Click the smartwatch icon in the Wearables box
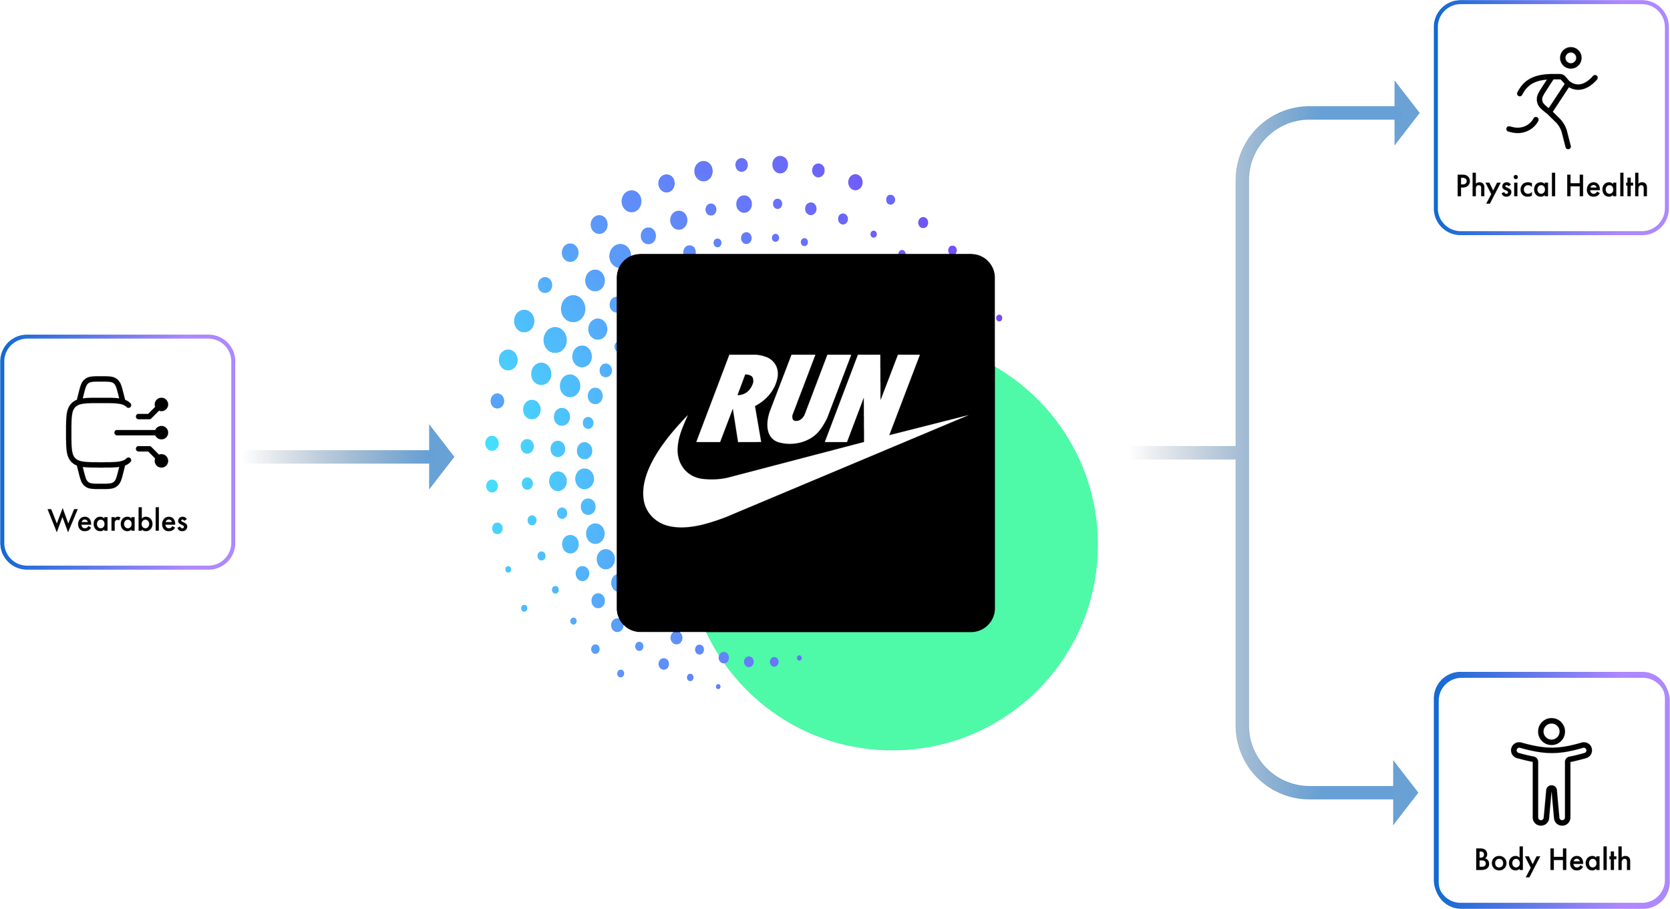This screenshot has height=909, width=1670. (117, 433)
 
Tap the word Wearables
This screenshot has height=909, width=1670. (118, 521)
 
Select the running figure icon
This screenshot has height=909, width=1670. (1551, 98)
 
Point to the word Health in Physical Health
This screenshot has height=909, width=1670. (1607, 186)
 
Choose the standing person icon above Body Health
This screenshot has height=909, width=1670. (1551, 772)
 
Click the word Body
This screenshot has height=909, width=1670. (1507, 861)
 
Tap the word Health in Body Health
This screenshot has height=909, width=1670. (1590, 860)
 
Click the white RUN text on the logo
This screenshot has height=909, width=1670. (808, 398)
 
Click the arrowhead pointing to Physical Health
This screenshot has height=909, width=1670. (1407, 113)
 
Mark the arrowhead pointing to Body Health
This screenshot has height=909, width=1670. (1405, 793)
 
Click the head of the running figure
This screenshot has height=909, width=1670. (1571, 58)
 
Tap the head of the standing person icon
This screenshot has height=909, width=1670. (1551, 731)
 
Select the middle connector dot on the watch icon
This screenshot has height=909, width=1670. (162, 433)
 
